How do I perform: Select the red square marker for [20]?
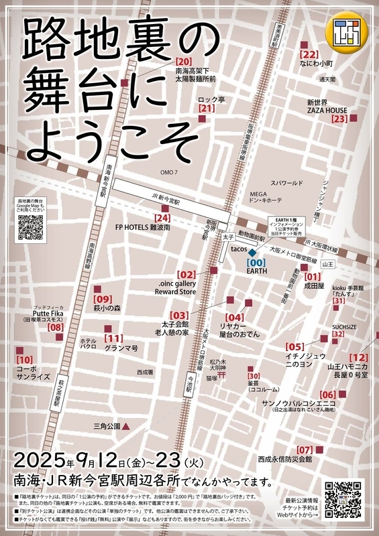125,83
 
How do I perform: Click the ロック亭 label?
211,99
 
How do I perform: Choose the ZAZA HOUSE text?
327,110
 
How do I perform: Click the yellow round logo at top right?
347,29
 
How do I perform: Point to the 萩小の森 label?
107,308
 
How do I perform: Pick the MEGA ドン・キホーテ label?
268,196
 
